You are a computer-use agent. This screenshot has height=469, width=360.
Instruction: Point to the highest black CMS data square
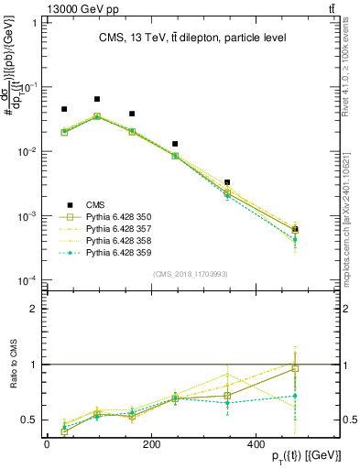pos(97,99)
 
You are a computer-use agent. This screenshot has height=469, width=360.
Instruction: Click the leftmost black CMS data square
pos(64,109)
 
